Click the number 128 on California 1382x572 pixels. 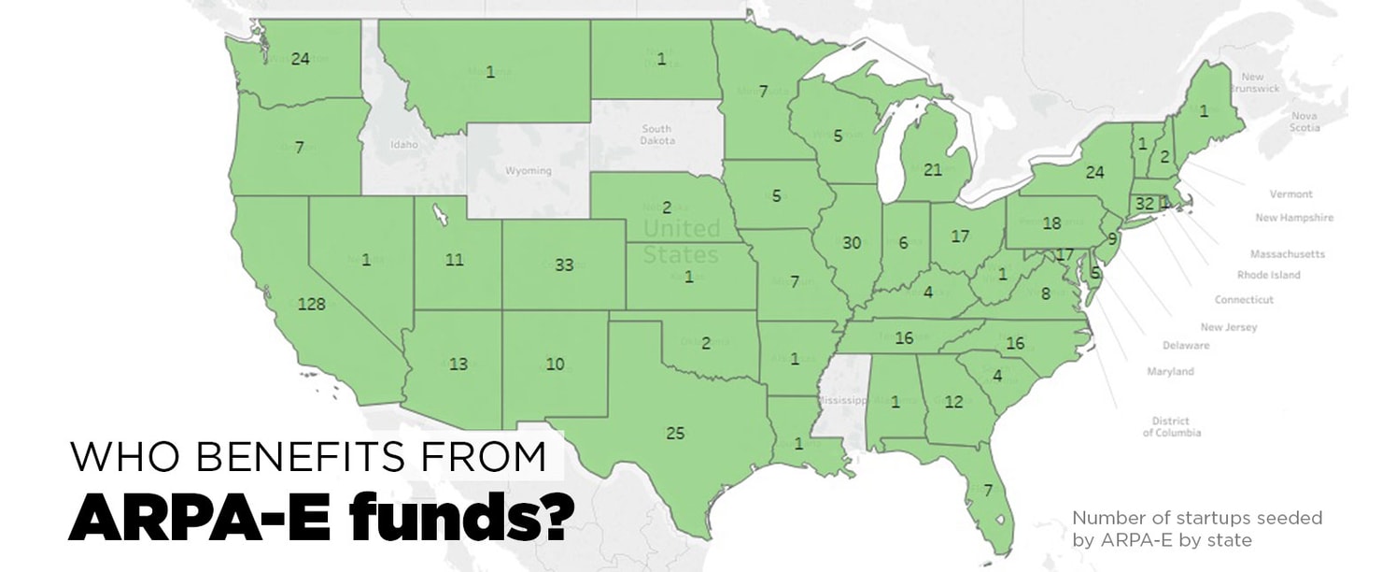311,304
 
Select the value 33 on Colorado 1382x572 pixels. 563,265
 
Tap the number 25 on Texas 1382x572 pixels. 675,433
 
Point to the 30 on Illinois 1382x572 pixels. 851,243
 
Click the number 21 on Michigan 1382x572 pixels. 932,169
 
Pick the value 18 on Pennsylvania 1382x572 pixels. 1051,223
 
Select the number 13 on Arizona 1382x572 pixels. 458,365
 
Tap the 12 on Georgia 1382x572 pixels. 952,402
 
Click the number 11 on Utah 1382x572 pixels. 454,261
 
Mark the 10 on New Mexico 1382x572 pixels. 555,364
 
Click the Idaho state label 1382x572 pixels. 403,146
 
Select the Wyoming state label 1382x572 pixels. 528,171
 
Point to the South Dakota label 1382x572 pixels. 656,135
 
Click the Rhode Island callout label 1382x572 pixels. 1268,276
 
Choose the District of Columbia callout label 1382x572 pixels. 1171,427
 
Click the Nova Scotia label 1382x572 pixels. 1304,122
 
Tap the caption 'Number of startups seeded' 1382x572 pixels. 1196,518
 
